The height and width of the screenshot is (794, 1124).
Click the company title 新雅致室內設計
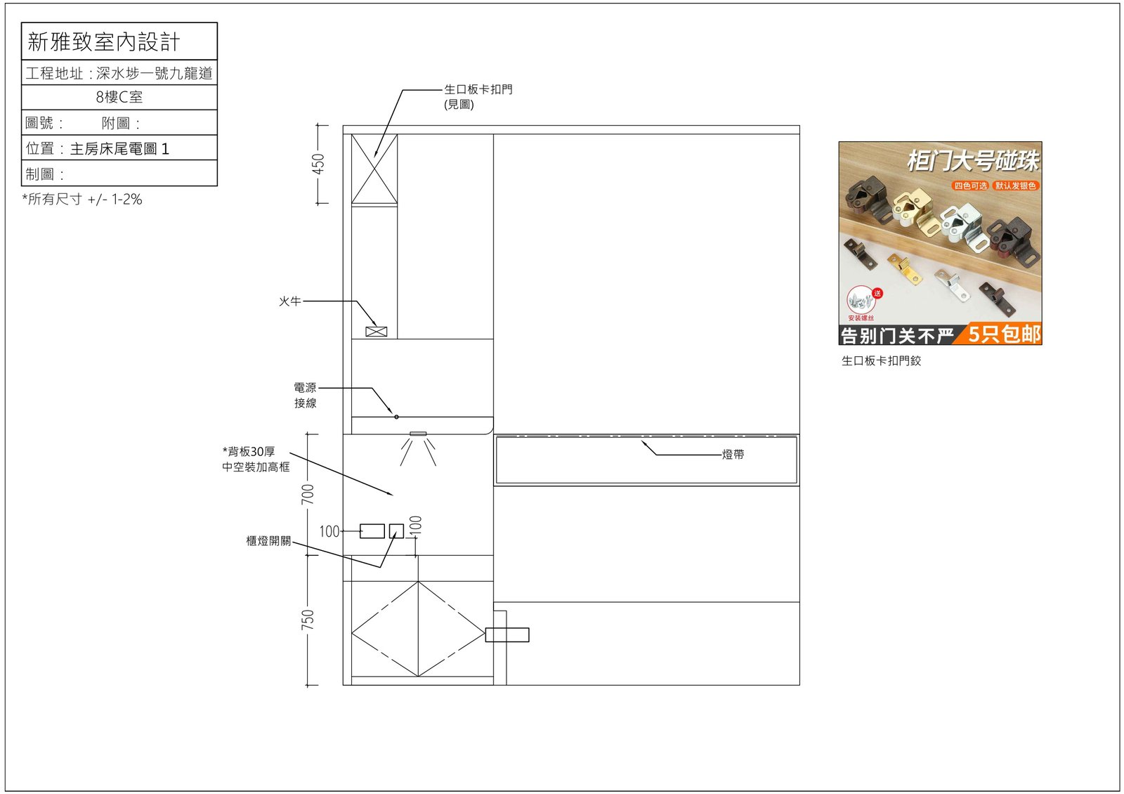pos(103,41)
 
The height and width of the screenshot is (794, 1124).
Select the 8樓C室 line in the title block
pos(119,97)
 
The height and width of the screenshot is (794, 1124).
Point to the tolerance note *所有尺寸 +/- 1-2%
pos(82,200)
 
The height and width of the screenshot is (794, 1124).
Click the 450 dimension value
pos(318,164)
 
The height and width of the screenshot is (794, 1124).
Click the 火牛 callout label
pos(290,301)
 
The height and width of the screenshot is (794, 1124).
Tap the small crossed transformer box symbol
pos(377,331)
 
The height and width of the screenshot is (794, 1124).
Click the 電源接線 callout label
pos(305,395)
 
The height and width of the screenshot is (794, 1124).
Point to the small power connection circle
pos(396,417)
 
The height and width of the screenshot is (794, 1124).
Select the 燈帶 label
pos(733,454)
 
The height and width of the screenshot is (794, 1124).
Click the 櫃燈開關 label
pos(268,540)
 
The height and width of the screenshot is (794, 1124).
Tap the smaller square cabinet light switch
pos(396,531)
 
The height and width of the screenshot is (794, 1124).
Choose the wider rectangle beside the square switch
pos(372,531)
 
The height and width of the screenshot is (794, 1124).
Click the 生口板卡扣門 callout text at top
pos(478,89)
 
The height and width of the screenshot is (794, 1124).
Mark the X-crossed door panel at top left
pos(374,169)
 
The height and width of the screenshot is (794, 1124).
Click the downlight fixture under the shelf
pos(418,434)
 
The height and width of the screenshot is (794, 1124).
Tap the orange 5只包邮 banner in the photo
pos(1001,334)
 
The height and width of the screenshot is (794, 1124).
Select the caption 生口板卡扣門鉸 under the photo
pos(881,361)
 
